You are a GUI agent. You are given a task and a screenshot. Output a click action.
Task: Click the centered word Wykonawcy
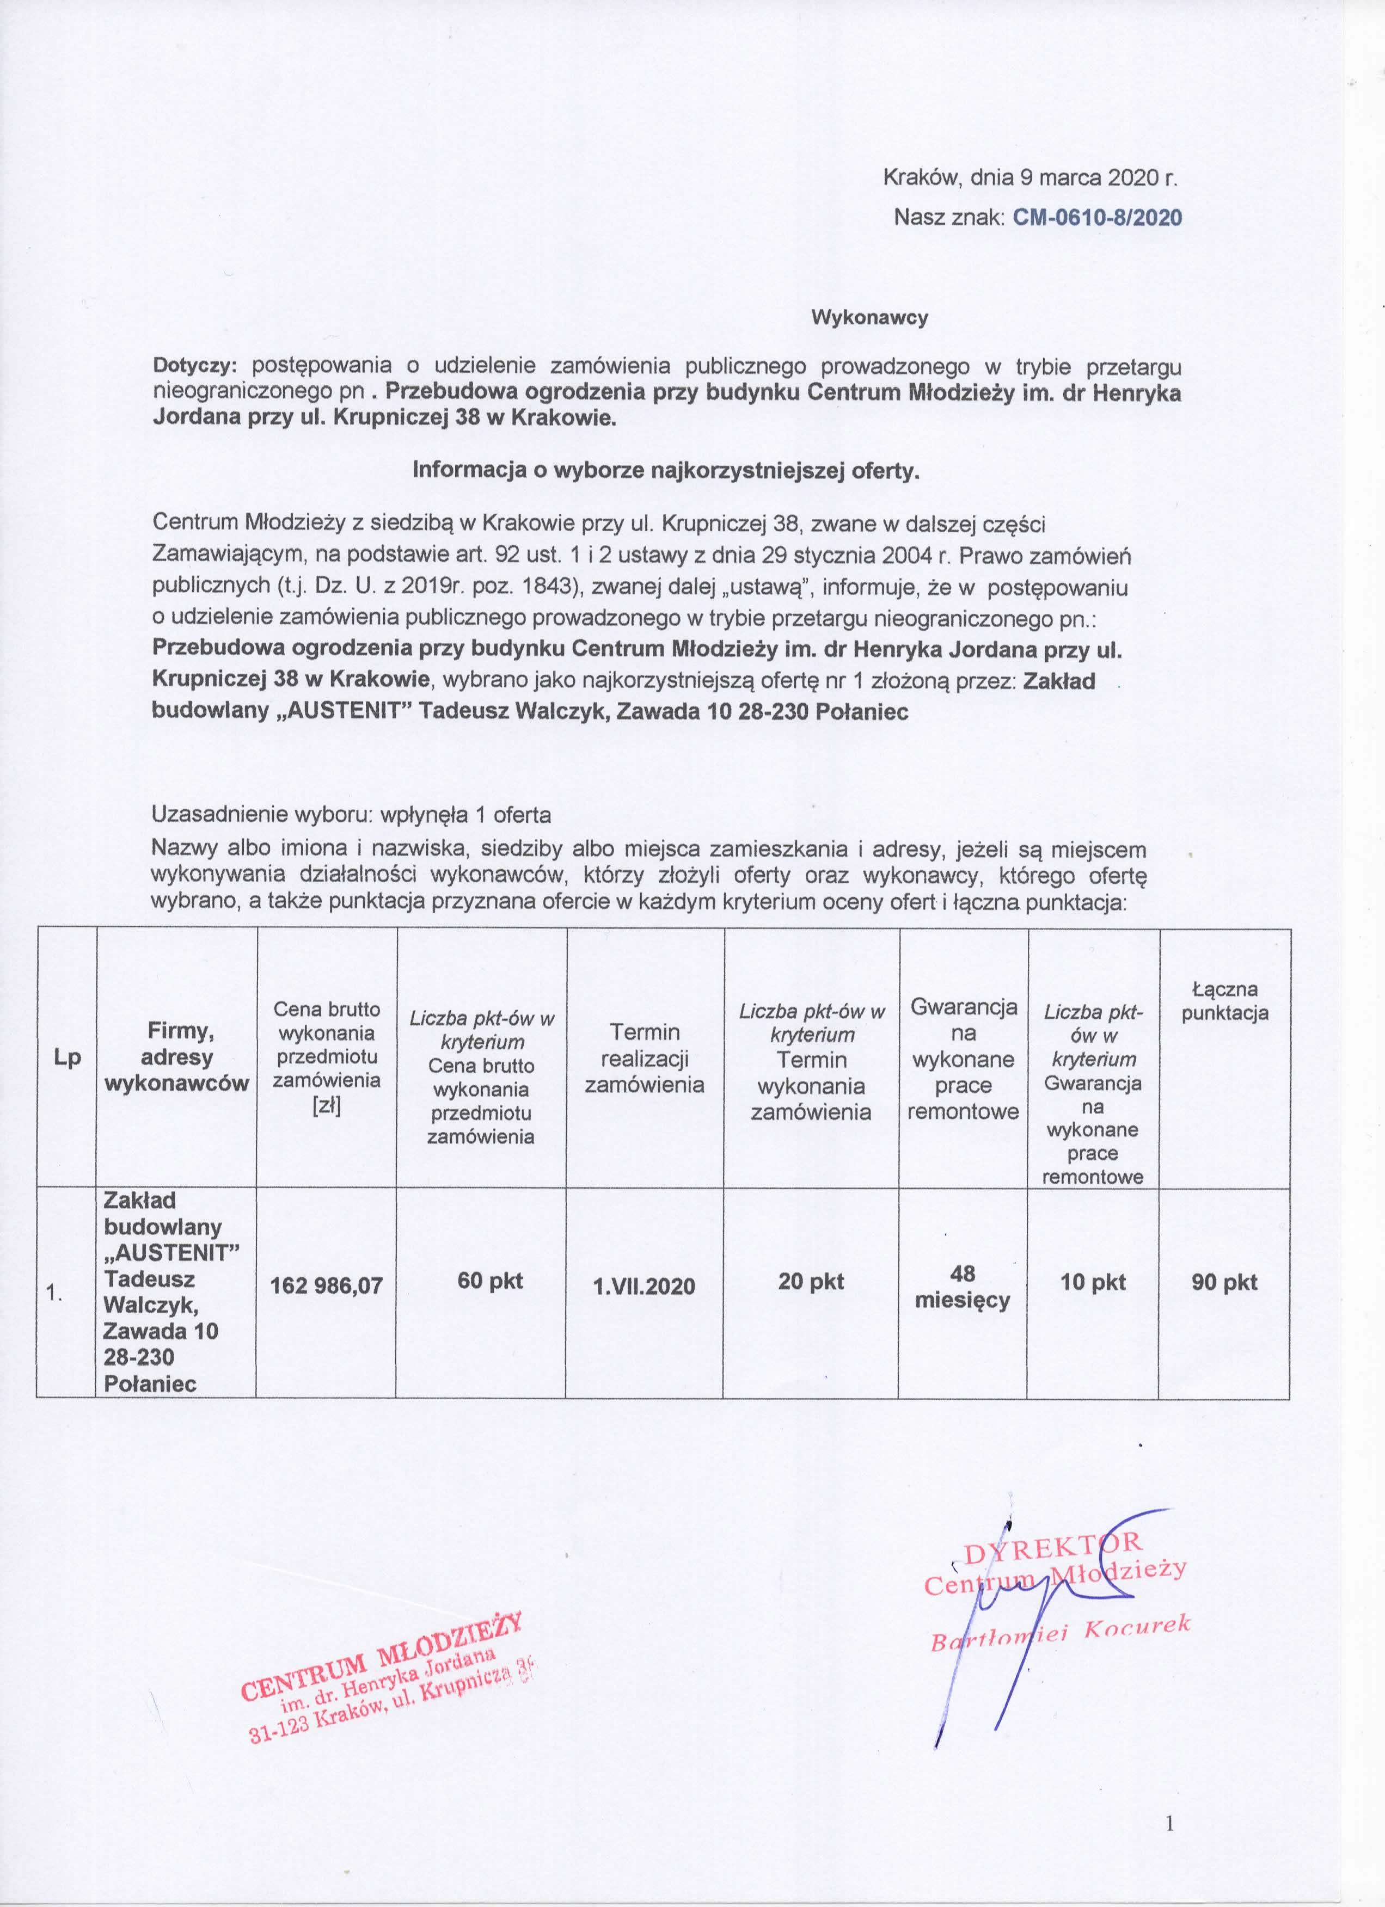[x=869, y=318]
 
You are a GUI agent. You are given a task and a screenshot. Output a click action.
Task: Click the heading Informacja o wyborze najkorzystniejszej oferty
[x=666, y=471]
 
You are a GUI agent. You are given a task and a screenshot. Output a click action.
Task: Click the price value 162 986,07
[x=326, y=1285]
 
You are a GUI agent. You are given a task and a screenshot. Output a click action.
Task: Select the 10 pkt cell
[x=1092, y=1282]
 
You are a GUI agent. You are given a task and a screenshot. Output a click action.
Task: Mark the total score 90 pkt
[x=1224, y=1282]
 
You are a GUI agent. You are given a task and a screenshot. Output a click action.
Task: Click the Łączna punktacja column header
[x=1224, y=1001]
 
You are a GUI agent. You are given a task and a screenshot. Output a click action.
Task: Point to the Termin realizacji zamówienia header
[x=644, y=1058]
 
